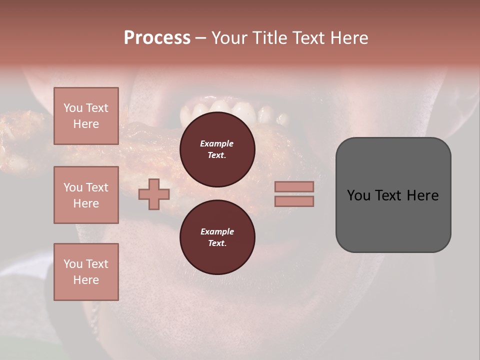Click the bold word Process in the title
pos(157,38)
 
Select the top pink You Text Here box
pos(86,116)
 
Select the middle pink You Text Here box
pos(86,195)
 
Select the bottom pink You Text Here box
pos(86,271)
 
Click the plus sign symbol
pos(154,194)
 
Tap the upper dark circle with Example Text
pos(217,149)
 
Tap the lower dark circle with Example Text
pos(217,237)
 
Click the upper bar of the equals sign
pos(294,186)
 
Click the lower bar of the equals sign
pos(294,201)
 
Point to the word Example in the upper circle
pos(217,143)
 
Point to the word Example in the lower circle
pos(217,231)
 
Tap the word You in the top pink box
pos(72,108)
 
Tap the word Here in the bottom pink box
pos(86,280)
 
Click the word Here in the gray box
pos(422,195)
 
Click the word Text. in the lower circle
pos(217,243)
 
